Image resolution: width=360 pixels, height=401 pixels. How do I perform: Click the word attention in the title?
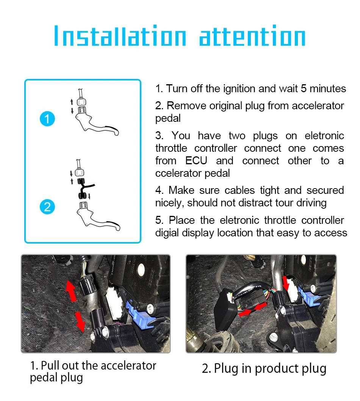click(252, 36)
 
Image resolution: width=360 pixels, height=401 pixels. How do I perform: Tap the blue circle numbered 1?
click(47, 120)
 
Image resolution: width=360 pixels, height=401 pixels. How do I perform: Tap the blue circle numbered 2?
click(47, 207)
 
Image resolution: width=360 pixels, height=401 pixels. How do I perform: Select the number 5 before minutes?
click(304, 89)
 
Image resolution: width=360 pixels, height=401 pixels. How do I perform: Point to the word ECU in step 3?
click(196, 161)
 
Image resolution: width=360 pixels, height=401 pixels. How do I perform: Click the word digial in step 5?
click(167, 233)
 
